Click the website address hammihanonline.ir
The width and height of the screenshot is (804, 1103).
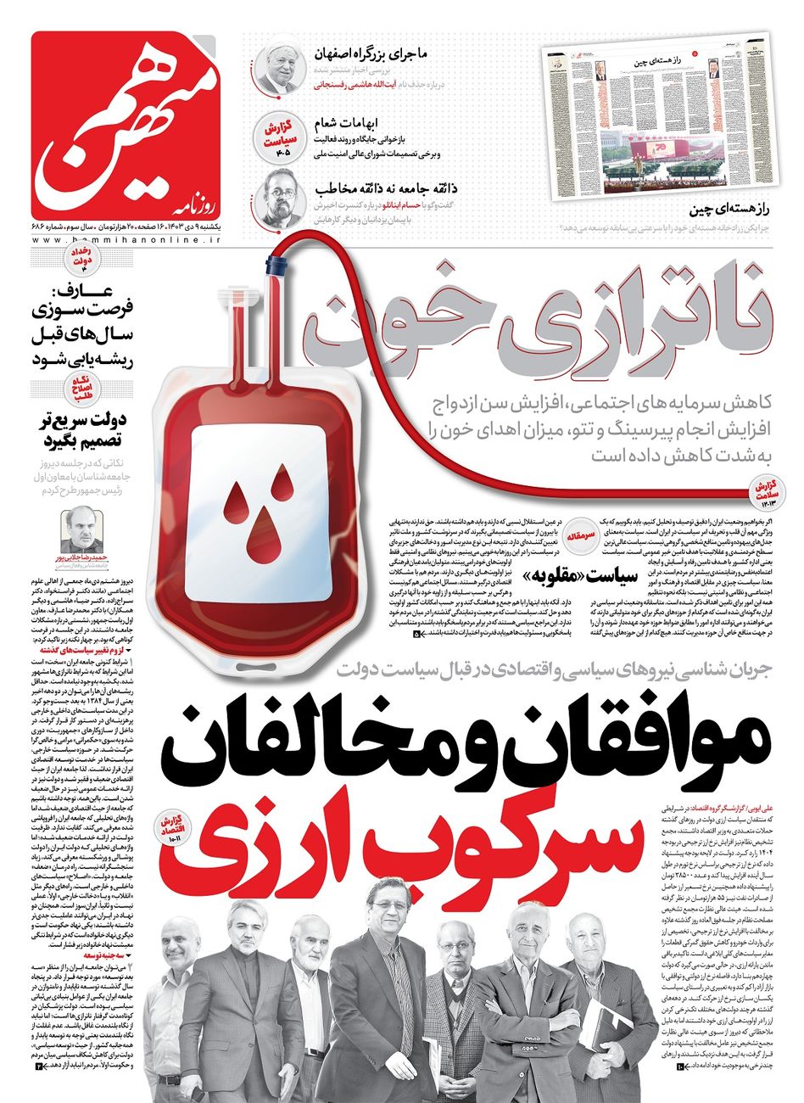point(126,241)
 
